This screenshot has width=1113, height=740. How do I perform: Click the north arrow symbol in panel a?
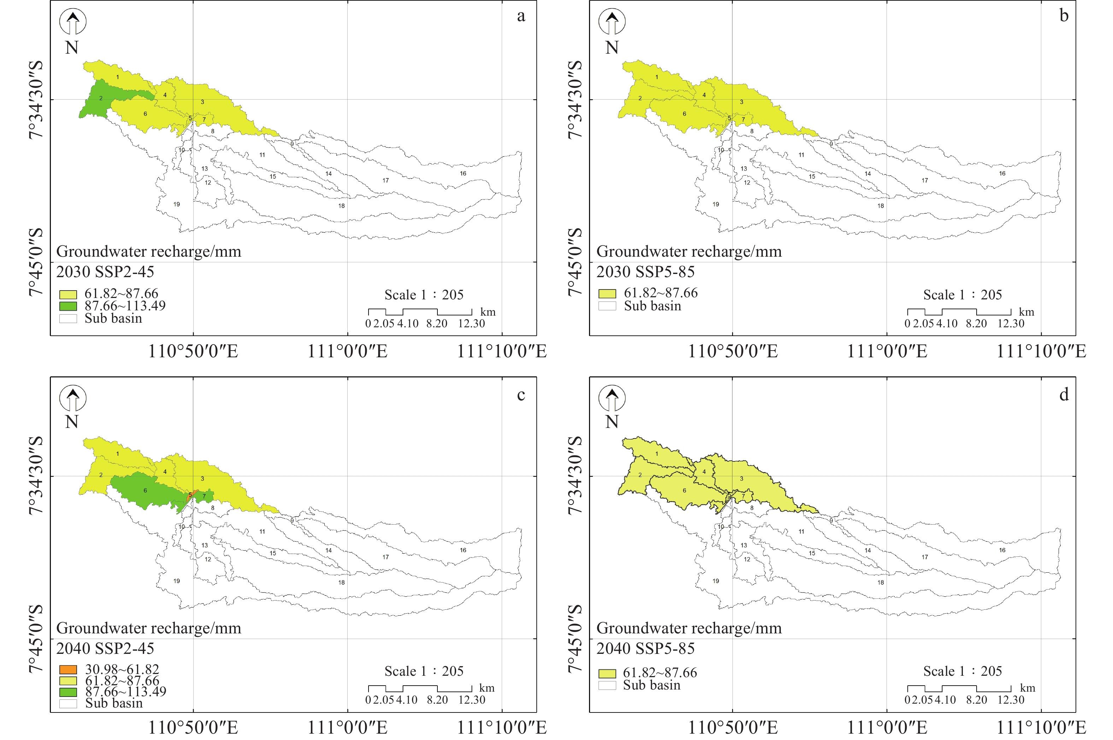[x=72, y=22]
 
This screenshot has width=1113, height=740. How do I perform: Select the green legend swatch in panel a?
[x=68, y=306]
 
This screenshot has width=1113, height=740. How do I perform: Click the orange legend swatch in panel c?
[x=68, y=669]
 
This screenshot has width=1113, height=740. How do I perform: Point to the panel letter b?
[x=1064, y=16]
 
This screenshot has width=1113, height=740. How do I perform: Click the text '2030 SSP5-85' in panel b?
[x=645, y=272]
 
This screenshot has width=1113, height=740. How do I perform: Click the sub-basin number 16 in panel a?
[x=463, y=173]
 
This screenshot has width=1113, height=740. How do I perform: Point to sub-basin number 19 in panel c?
[x=176, y=581]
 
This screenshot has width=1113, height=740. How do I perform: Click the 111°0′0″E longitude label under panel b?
[x=887, y=351]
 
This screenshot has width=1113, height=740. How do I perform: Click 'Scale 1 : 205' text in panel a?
[x=424, y=295]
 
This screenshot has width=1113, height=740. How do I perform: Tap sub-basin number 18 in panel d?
[x=880, y=583]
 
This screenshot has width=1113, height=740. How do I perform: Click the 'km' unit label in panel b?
[x=1026, y=312]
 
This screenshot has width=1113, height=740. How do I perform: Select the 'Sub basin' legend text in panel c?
[x=114, y=703]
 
